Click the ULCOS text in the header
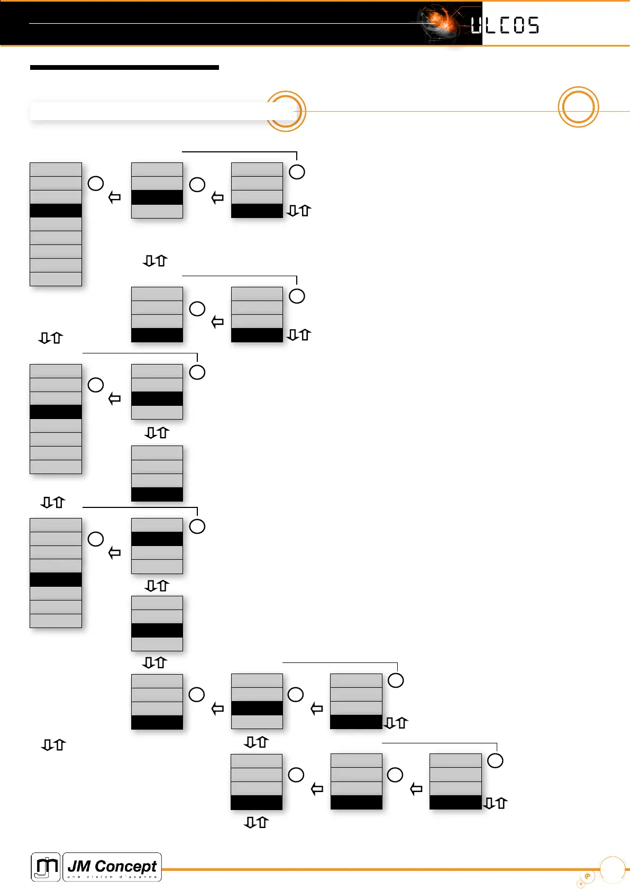(x=505, y=25)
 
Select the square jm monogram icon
(x=45, y=867)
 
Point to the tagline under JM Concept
(x=112, y=877)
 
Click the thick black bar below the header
(x=124, y=68)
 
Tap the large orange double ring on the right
(x=578, y=107)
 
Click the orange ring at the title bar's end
(x=286, y=111)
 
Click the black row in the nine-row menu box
(x=56, y=211)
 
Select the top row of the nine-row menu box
(x=56, y=169)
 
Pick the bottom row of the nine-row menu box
(x=56, y=279)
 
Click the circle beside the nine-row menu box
(x=96, y=184)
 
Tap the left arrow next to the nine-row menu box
(x=114, y=197)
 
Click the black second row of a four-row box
(x=157, y=539)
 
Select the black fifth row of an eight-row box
(x=56, y=580)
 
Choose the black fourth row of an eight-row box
(x=56, y=412)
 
